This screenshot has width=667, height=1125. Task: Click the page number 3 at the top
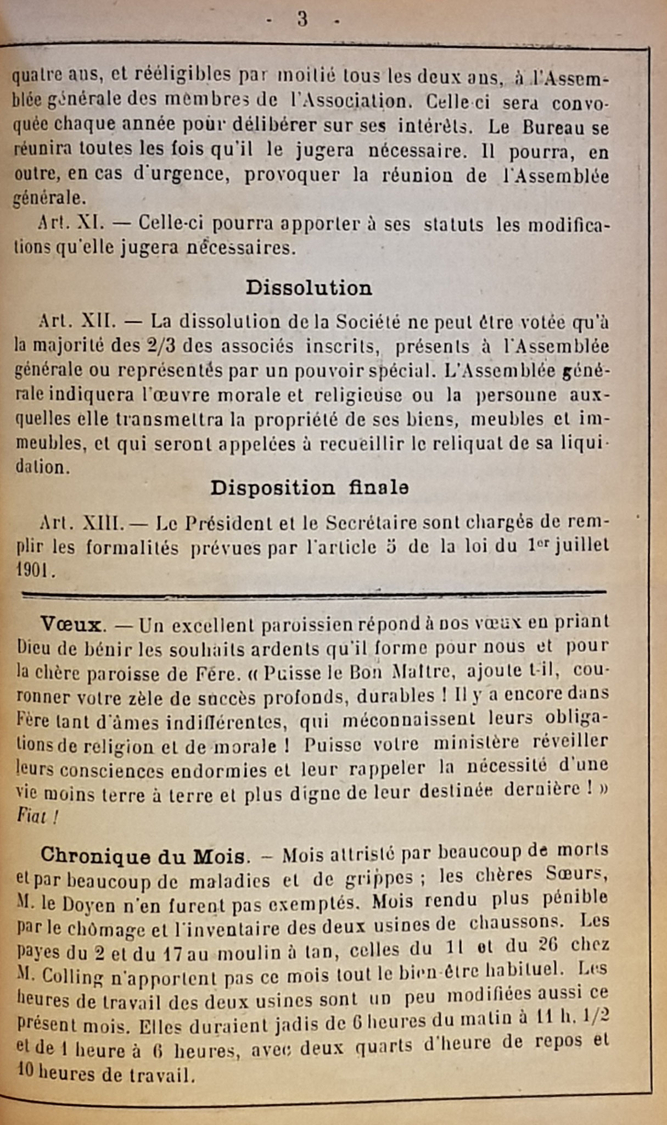click(302, 20)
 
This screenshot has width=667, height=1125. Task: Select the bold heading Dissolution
click(309, 288)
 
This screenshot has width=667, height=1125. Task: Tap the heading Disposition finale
click(309, 488)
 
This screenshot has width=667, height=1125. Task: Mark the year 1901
click(33, 571)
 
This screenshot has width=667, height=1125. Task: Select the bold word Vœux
click(71, 625)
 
